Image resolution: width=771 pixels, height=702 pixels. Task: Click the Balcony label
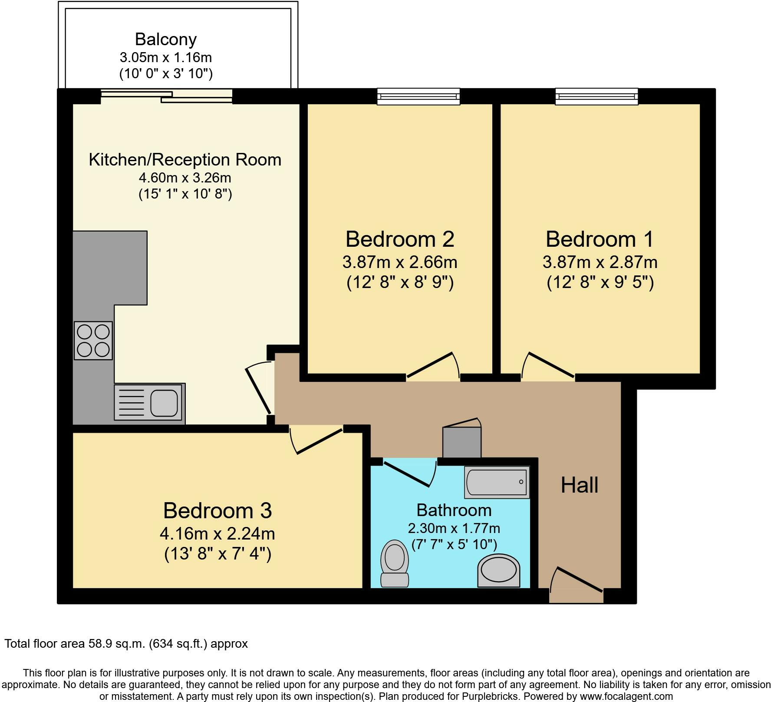pos(166,39)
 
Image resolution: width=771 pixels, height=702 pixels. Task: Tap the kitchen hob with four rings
pos(93,341)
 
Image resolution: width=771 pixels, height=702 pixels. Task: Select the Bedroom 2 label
pos(400,239)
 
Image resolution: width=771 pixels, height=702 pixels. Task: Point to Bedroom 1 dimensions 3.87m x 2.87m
pos(600,262)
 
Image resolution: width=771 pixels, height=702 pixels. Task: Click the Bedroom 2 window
pos(418,96)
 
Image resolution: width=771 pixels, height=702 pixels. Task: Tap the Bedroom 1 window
pos(596,96)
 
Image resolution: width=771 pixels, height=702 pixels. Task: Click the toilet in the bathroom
pos(394,563)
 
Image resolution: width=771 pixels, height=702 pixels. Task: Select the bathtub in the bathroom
pos(497,482)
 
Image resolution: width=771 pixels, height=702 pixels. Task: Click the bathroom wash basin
pos(499,570)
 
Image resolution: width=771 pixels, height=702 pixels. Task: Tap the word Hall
pos(579,485)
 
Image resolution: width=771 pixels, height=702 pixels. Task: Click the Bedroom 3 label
pos(217,510)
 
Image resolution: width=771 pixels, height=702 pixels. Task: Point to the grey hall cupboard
pos(461,442)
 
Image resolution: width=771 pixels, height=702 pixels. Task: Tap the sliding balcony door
pos(167,96)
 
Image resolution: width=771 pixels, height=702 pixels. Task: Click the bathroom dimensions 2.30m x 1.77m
pos(454,528)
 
